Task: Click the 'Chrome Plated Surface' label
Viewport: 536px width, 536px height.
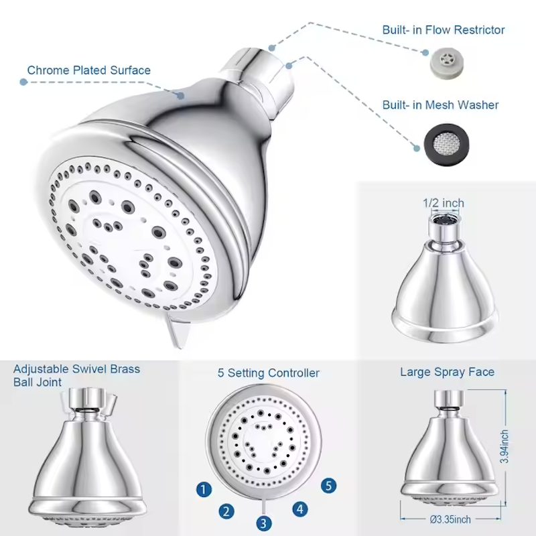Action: click(88, 70)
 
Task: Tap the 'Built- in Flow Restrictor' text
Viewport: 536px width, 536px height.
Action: click(444, 30)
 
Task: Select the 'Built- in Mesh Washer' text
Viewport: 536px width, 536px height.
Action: click(440, 105)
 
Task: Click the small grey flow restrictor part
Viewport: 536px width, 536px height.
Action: click(440, 62)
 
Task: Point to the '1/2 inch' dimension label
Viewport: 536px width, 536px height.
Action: click(443, 203)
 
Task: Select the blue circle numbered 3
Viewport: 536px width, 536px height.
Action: click(265, 523)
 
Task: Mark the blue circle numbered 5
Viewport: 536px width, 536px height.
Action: click(327, 486)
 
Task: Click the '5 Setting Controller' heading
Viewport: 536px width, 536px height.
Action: click(268, 373)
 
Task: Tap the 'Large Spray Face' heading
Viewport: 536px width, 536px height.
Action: click(447, 372)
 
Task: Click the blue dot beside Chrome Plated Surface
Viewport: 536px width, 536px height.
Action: click(23, 82)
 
